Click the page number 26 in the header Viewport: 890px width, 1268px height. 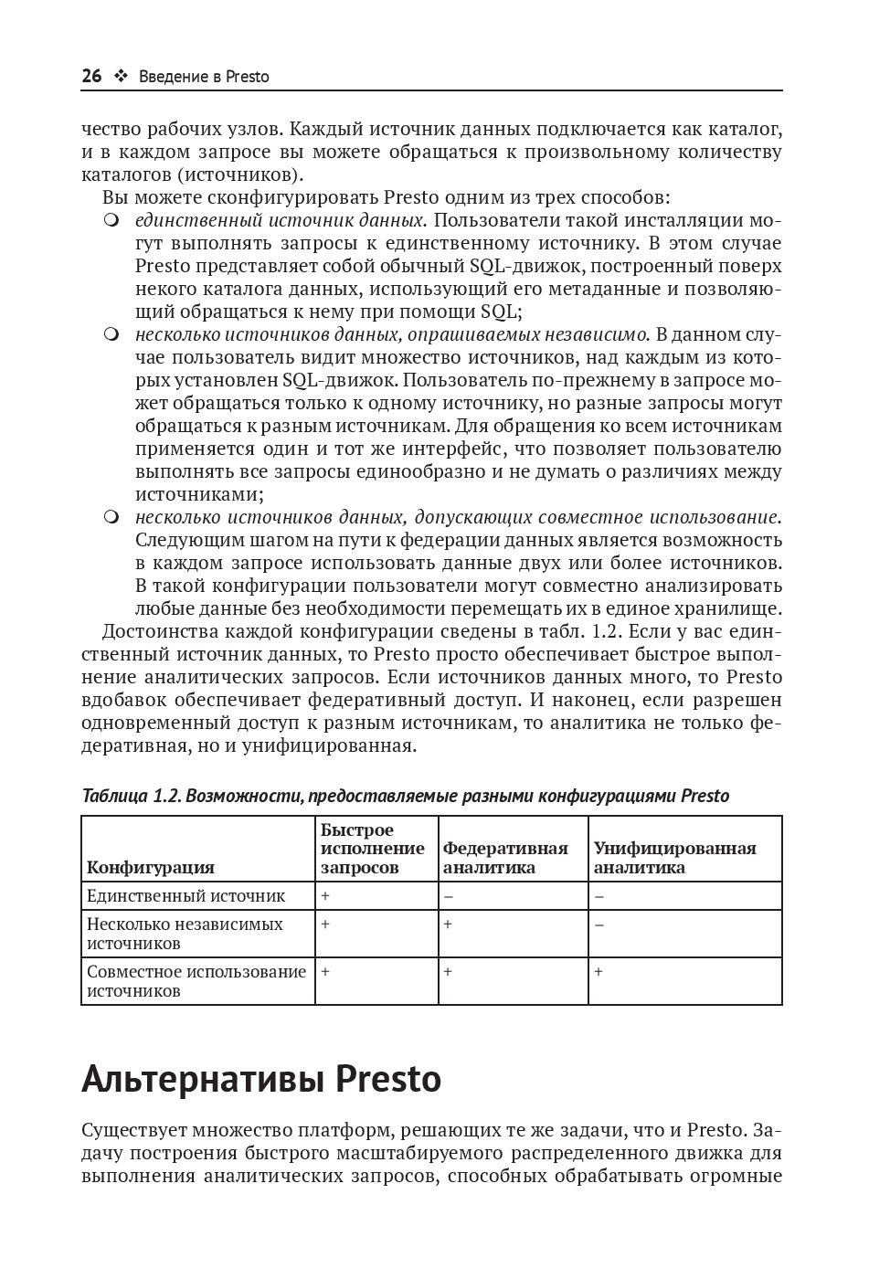pyautogui.click(x=91, y=77)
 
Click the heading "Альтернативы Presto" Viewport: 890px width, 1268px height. pyautogui.click(x=261, y=1079)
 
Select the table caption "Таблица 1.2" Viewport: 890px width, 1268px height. pyautogui.click(x=132, y=795)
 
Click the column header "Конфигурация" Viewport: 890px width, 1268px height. pyautogui.click(x=151, y=867)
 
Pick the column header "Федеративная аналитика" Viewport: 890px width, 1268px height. pyautogui.click(x=505, y=858)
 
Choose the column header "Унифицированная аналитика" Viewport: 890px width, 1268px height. pyautogui.click(x=674, y=858)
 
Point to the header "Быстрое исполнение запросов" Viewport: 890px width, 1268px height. pyautogui.click(x=373, y=849)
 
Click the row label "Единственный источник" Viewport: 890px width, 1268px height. pyautogui.click(x=186, y=896)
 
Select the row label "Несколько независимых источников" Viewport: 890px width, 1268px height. pyautogui.click(x=185, y=934)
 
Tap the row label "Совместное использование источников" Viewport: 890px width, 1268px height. pyautogui.click(x=196, y=981)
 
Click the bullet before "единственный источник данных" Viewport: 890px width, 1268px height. pyautogui.click(x=111, y=220)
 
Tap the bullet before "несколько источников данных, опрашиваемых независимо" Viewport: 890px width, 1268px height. pyautogui.click(x=111, y=334)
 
